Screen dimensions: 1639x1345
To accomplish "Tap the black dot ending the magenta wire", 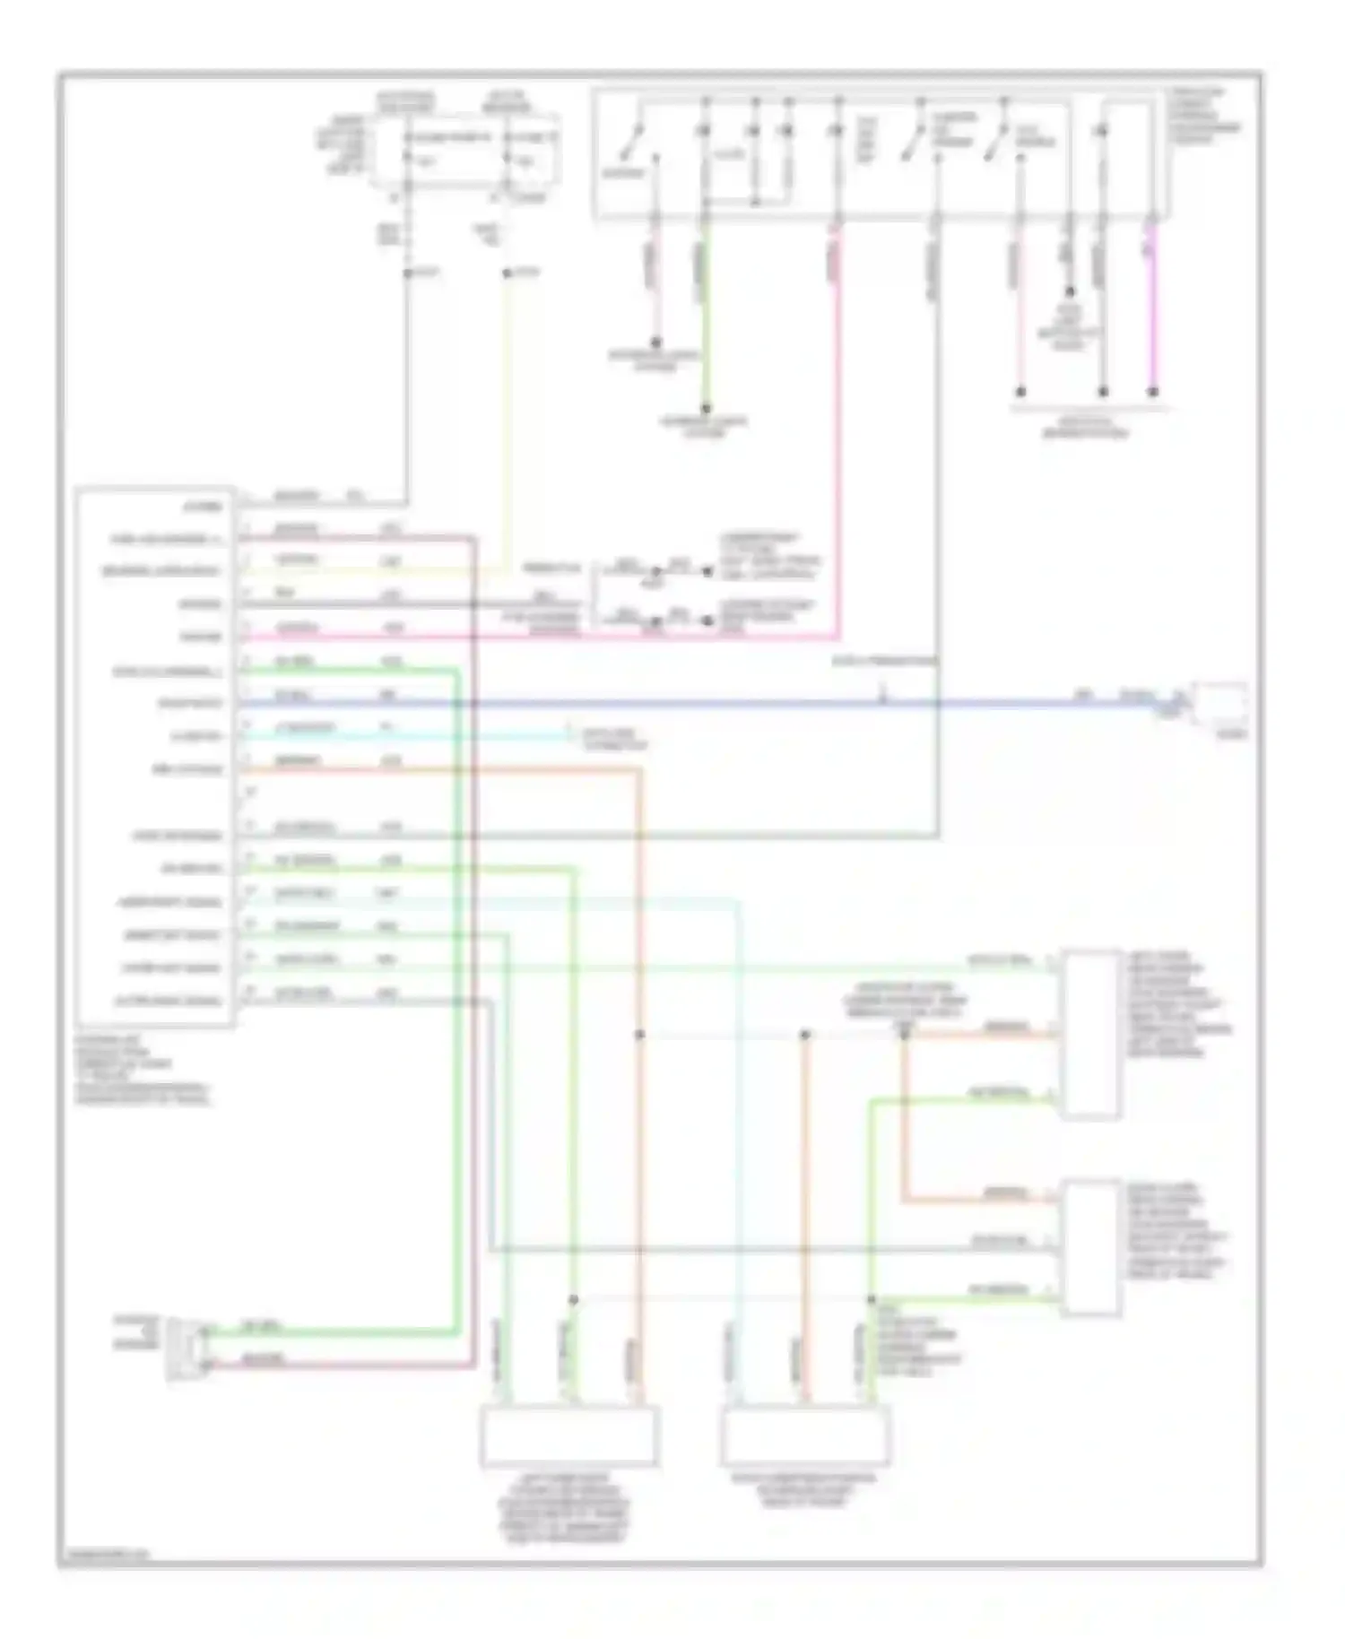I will click(x=1153, y=392).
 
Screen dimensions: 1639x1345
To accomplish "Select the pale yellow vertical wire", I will click(x=507, y=403).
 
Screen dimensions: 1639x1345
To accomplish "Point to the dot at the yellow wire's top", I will click(x=507, y=273).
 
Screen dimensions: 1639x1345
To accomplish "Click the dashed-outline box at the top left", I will click(x=466, y=151).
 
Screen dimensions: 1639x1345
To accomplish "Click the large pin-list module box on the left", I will click(x=155, y=756).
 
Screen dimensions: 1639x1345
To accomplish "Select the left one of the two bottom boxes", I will click(x=569, y=1435).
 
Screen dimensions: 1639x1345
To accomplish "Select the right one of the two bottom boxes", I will click(x=805, y=1435).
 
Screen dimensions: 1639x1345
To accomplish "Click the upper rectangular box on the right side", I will click(x=1090, y=1034).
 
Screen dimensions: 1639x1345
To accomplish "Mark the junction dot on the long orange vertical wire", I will click(x=639, y=1035).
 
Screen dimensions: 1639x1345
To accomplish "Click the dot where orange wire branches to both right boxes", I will click(x=904, y=1035).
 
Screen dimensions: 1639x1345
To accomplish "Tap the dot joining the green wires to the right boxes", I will click(x=871, y=1299).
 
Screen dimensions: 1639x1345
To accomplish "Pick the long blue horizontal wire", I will click(x=717, y=704).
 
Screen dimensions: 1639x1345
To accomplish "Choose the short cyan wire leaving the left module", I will click(x=403, y=737).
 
